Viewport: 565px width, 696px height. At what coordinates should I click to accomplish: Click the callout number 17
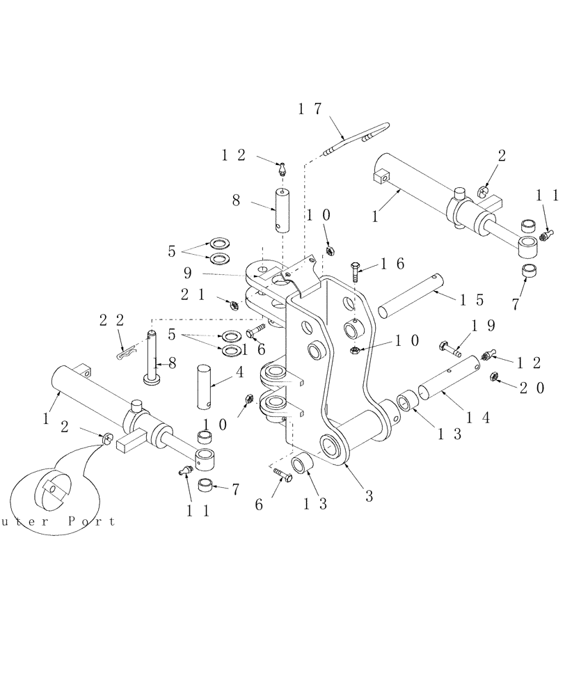pyautogui.click(x=311, y=109)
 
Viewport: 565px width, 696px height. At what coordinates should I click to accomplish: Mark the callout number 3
pyautogui.click(x=369, y=496)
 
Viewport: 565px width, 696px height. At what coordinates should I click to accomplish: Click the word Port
pyautogui.click(x=91, y=521)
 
